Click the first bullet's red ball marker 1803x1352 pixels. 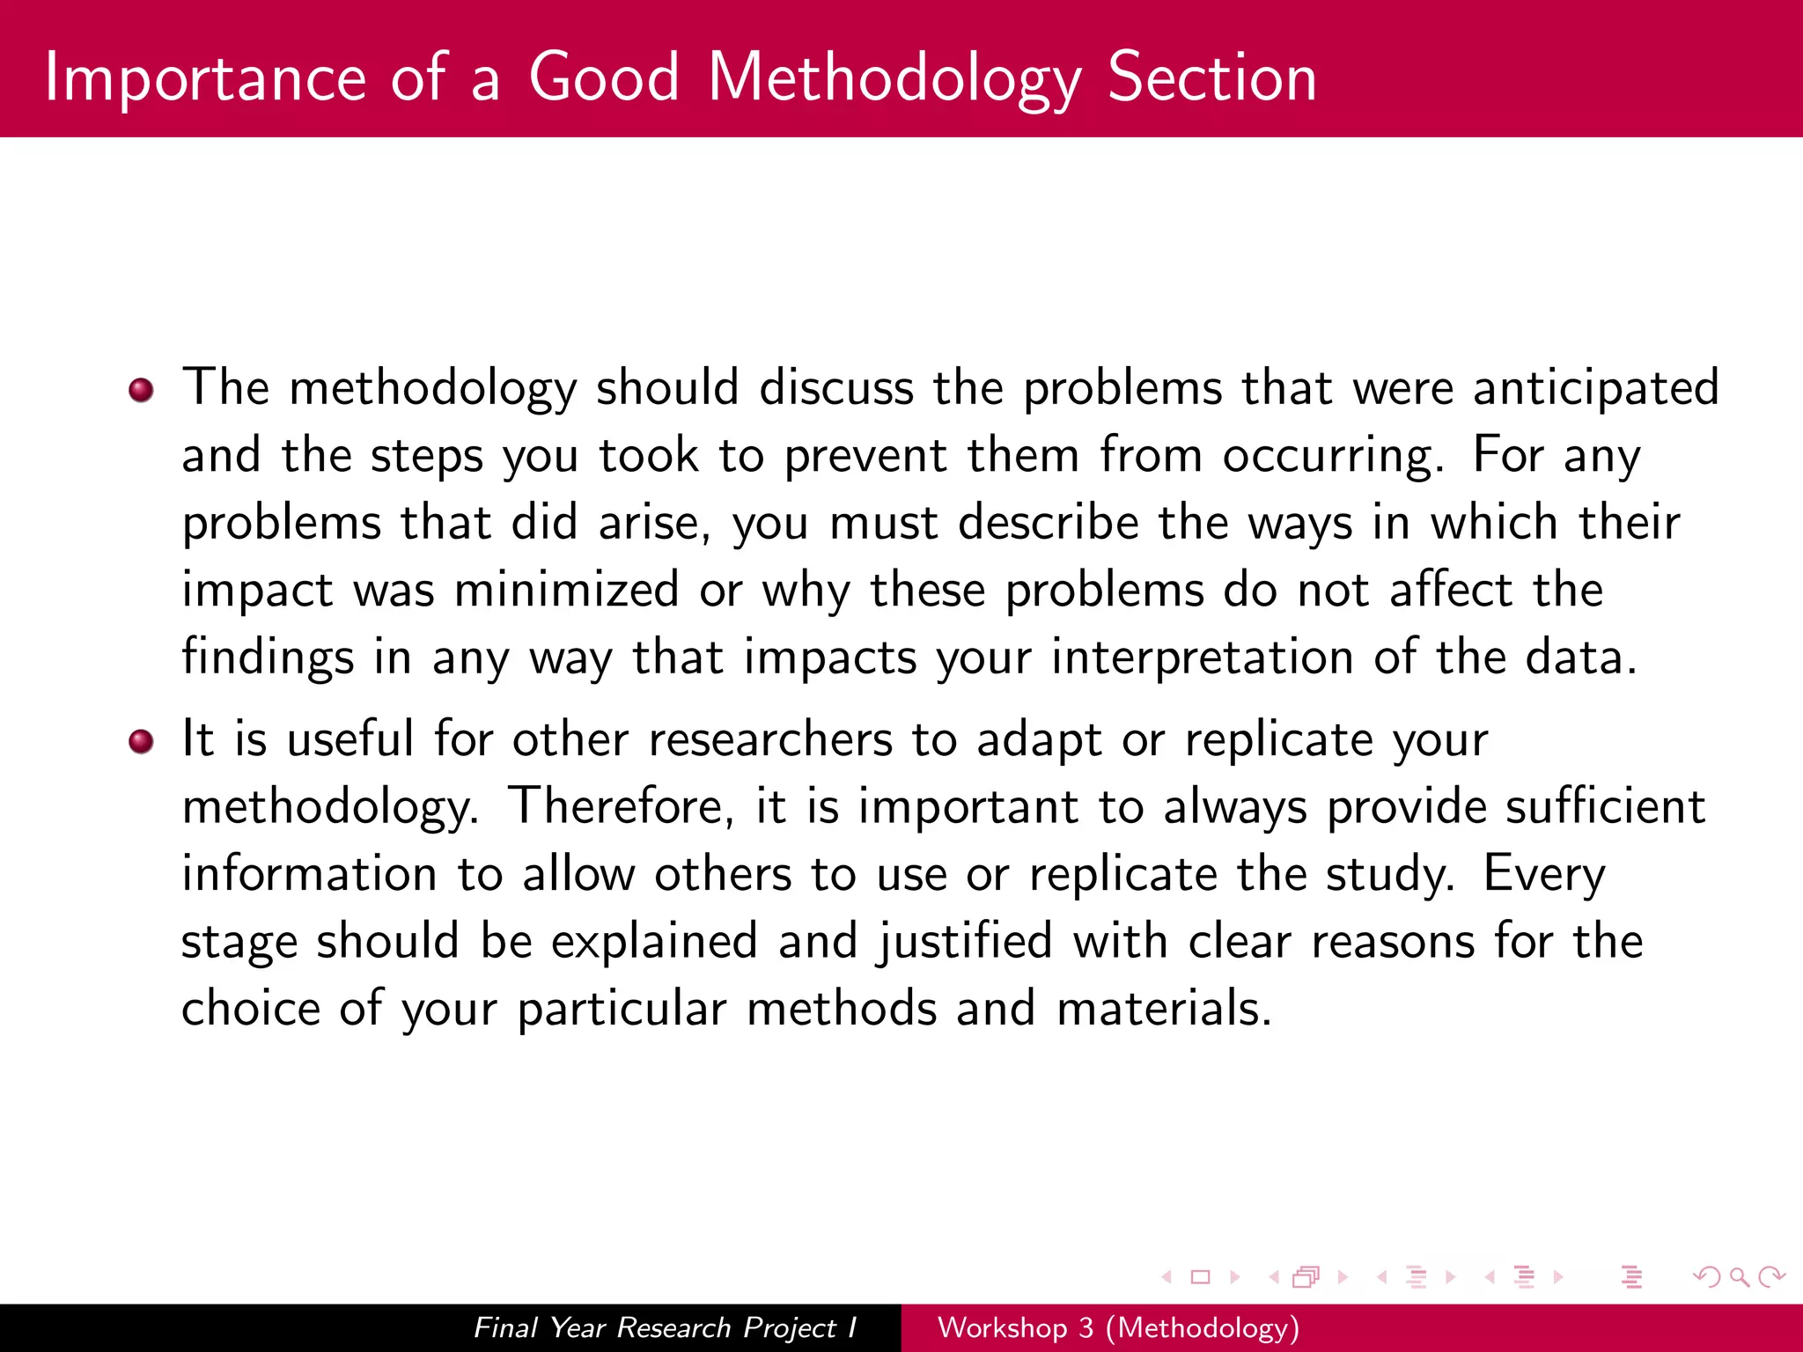pos(141,389)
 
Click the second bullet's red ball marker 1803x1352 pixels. pos(141,741)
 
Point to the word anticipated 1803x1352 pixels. pos(1595,389)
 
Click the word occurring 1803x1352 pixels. pos(1331,457)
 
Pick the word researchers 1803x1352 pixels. pos(770,739)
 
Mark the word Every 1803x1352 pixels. pos(1544,875)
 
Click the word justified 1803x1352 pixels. pos(964,942)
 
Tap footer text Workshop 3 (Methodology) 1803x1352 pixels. pos(1118,1327)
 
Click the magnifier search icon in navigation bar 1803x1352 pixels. pos(1739,1277)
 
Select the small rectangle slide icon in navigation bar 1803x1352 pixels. pos(1200,1277)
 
